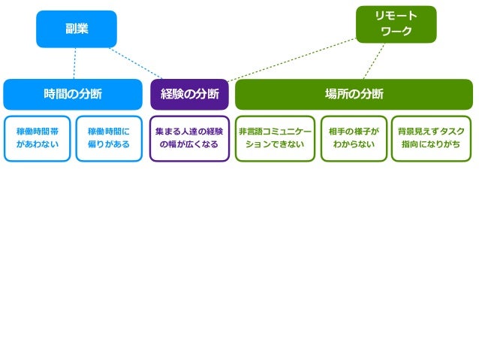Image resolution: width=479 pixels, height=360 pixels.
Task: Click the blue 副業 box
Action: [77, 29]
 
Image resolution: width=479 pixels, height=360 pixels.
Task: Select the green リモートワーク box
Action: [396, 24]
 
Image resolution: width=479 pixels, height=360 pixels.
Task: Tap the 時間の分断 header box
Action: [73, 94]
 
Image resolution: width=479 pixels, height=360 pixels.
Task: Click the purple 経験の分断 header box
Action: [189, 94]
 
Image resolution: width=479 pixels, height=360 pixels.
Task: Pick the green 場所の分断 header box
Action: [354, 94]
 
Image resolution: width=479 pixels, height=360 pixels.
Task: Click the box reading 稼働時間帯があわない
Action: [37, 138]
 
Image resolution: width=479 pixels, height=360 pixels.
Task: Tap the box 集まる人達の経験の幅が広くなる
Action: [189, 138]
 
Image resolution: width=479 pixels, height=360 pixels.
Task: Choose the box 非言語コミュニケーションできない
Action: [275, 138]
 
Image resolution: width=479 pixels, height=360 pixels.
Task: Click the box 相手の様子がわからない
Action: [354, 138]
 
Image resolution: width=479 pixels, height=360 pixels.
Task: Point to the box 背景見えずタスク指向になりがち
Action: [431, 138]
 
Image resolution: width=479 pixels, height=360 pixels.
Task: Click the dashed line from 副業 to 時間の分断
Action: [74, 64]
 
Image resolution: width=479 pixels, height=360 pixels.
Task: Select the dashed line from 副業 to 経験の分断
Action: [137, 62]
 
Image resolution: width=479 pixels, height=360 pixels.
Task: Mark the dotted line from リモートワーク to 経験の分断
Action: [293, 59]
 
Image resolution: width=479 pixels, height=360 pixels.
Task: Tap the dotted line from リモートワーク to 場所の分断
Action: [374, 61]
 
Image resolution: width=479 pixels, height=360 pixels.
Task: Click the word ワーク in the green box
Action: [396, 32]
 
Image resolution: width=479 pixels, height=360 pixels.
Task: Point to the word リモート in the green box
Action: [396, 16]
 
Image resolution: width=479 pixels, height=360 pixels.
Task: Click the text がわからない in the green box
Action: [354, 144]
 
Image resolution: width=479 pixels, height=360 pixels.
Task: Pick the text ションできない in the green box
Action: [275, 144]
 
